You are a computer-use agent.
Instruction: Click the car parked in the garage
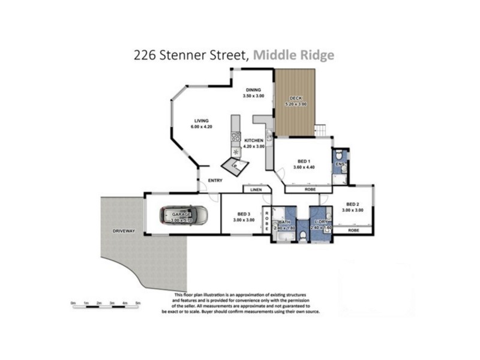(184, 215)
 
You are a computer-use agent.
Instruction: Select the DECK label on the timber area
(295, 98)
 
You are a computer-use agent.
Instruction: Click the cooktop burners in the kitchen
(236, 137)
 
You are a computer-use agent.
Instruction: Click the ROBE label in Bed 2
(353, 230)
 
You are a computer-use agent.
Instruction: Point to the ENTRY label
(215, 181)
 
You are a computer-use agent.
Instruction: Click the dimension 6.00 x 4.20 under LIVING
(192, 127)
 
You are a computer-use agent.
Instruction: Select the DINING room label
(253, 90)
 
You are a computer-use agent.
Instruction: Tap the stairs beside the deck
(320, 130)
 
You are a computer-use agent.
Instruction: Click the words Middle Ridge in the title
(293, 55)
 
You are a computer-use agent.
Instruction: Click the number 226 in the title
(145, 55)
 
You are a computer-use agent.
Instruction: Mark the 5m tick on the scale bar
(138, 304)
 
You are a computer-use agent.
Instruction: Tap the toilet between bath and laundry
(303, 236)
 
